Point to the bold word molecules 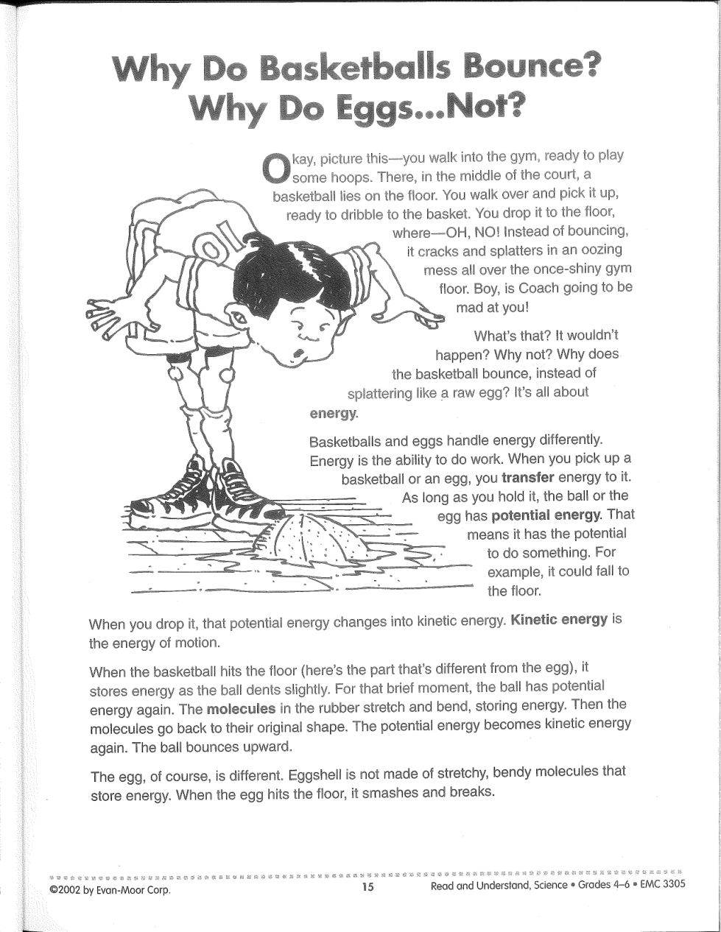tap(242, 710)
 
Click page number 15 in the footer tap(368, 887)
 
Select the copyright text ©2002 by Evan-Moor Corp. tap(109, 889)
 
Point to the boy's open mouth tap(298, 353)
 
